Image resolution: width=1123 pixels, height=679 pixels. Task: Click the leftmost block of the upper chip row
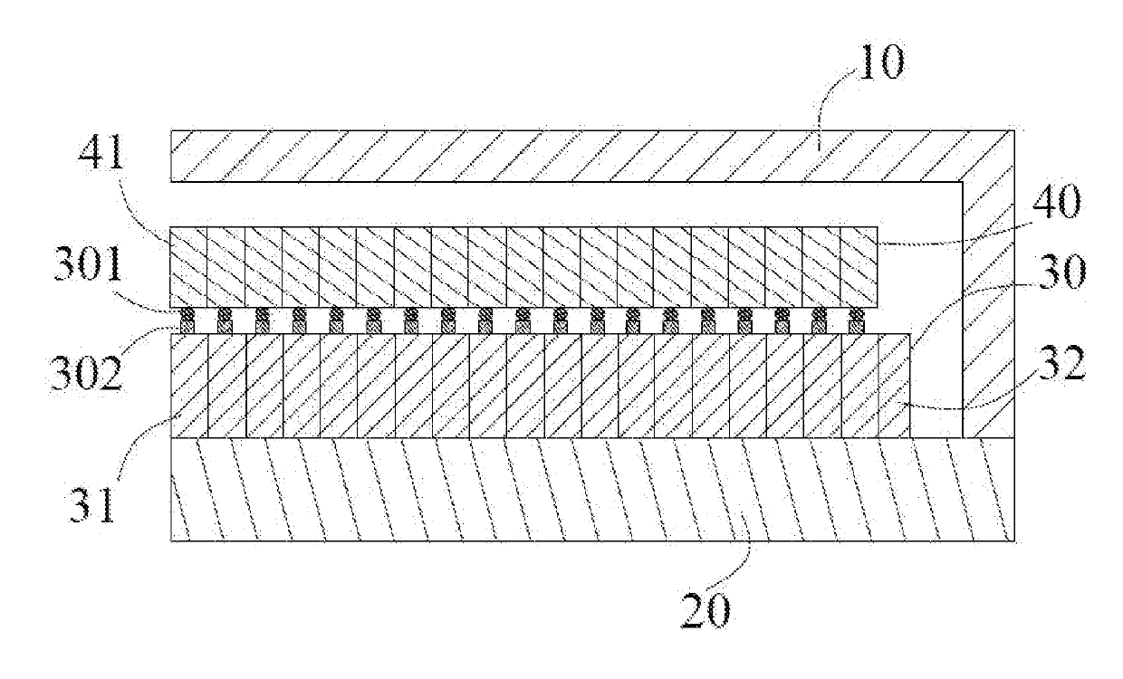pyautogui.click(x=188, y=266)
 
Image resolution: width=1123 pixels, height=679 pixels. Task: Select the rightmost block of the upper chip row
pyautogui.click(x=859, y=266)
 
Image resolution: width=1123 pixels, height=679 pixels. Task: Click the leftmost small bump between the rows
pyautogui.click(x=188, y=320)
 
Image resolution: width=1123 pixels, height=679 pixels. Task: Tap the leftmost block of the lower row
pyautogui.click(x=190, y=387)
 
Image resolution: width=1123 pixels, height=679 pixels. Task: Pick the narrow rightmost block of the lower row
pyautogui.click(x=894, y=387)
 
